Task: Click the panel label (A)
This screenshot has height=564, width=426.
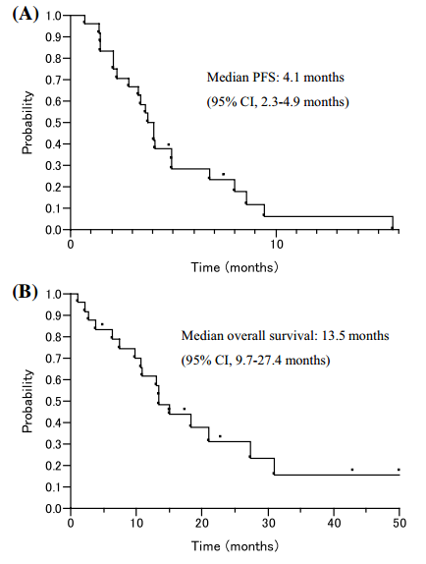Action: (x=26, y=15)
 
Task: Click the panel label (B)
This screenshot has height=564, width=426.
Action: (x=26, y=292)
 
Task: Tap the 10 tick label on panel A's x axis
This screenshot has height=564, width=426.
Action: (x=276, y=245)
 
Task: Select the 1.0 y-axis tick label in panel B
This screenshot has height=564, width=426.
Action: (x=54, y=294)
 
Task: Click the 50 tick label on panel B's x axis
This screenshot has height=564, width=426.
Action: (x=399, y=523)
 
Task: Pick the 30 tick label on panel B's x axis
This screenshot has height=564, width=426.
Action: (x=268, y=523)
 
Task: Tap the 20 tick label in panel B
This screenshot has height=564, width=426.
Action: (x=202, y=523)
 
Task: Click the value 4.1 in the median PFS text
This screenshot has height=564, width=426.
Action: (x=290, y=78)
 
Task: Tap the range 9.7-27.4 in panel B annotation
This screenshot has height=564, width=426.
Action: (x=258, y=360)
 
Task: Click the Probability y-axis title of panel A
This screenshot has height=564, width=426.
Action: (x=27, y=123)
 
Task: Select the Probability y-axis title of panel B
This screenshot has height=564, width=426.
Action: (x=27, y=402)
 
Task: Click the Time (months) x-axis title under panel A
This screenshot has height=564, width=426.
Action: (x=235, y=267)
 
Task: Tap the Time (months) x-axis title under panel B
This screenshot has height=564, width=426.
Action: (x=235, y=546)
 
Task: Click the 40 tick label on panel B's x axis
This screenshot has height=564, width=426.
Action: (x=334, y=523)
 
